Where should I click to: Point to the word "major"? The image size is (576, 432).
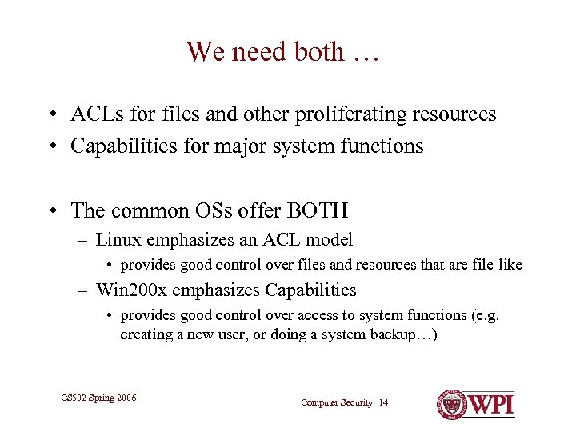click(238, 146)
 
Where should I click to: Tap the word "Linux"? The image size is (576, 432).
click(116, 239)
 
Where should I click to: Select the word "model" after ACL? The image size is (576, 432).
click(330, 239)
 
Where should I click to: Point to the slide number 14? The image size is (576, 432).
click(383, 402)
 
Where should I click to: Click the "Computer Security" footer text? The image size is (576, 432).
click(336, 402)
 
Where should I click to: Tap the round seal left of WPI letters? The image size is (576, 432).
click(452, 404)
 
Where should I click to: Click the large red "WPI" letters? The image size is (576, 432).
click(490, 404)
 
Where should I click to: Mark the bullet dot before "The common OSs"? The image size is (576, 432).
click(50, 212)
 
